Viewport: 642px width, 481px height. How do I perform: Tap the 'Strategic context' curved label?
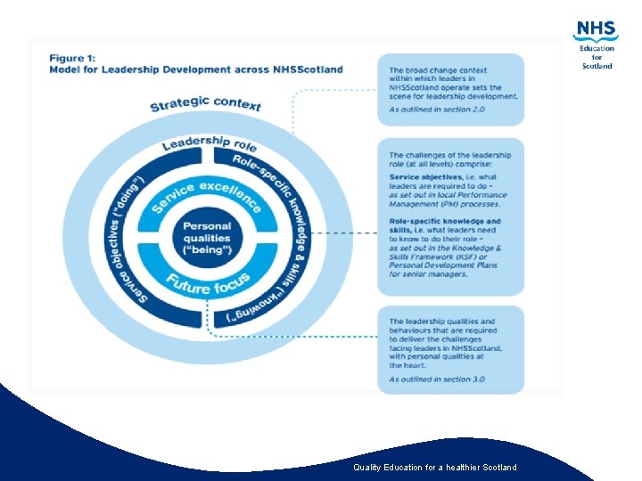205,103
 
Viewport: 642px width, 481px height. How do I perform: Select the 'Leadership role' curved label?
209,143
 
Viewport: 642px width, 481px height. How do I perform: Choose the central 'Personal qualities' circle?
207,238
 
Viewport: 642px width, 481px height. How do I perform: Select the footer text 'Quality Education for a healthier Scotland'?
434,468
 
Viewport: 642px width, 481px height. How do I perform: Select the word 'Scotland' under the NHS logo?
597,66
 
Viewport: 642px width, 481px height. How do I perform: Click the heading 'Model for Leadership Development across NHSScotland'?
195,69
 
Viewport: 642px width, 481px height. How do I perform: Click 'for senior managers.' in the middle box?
428,273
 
